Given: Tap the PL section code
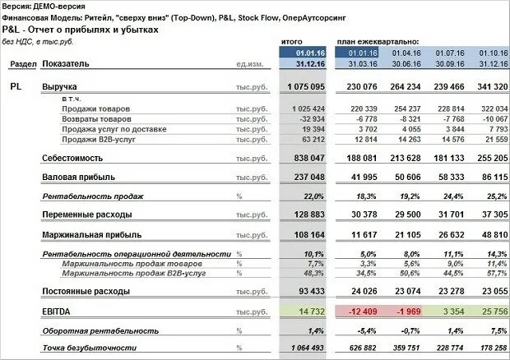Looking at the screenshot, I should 16,86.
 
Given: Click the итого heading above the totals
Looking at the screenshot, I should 294,40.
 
